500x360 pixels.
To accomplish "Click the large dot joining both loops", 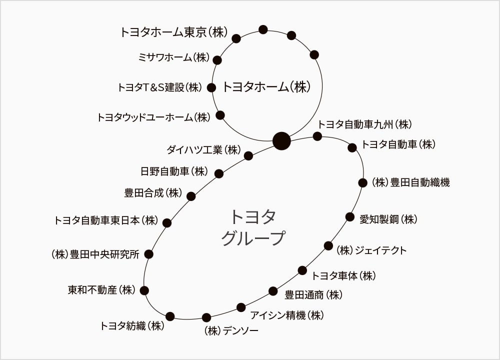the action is pyautogui.click(x=282, y=140).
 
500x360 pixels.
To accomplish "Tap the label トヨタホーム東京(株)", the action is pyautogui.click(x=174, y=32).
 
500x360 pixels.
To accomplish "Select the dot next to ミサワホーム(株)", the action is pyautogui.click(x=217, y=60).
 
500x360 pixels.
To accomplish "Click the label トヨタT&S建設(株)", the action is pyautogui.click(x=160, y=87).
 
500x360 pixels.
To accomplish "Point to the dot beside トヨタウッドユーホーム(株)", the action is pyautogui.click(x=220, y=115).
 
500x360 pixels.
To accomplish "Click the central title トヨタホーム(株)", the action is pyautogui.click(x=266, y=86).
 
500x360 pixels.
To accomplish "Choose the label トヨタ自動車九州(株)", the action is pyautogui.click(x=365, y=124).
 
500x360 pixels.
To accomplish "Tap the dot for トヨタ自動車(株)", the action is pyautogui.click(x=352, y=147).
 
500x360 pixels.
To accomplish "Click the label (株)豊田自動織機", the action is pyautogui.click(x=410, y=182).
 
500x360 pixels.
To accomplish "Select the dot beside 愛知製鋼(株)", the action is pyautogui.click(x=350, y=217).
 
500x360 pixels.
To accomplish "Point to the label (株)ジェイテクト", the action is pyautogui.click(x=371, y=250).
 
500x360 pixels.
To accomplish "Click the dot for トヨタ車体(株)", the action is pyautogui.click(x=302, y=270).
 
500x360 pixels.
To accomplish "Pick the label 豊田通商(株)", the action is pyautogui.click(x=313, y=294).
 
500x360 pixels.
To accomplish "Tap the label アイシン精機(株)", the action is pyautogui.click(x=287, y=315).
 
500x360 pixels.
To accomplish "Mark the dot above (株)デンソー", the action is pyautogui.click(x=206, y=317).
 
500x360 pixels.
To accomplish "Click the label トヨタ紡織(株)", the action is pyautogui.click(x=132, y=326).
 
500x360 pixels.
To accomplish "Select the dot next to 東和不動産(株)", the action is pyautogui.click(x=144, y=290).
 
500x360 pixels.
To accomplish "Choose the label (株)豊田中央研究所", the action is pyautogui.click(x=95, y=254).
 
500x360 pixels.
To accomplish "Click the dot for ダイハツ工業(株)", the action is pyautogui.click(x=248, y=156).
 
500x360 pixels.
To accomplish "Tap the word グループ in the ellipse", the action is pyautogui.click(x=253, y=238).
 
